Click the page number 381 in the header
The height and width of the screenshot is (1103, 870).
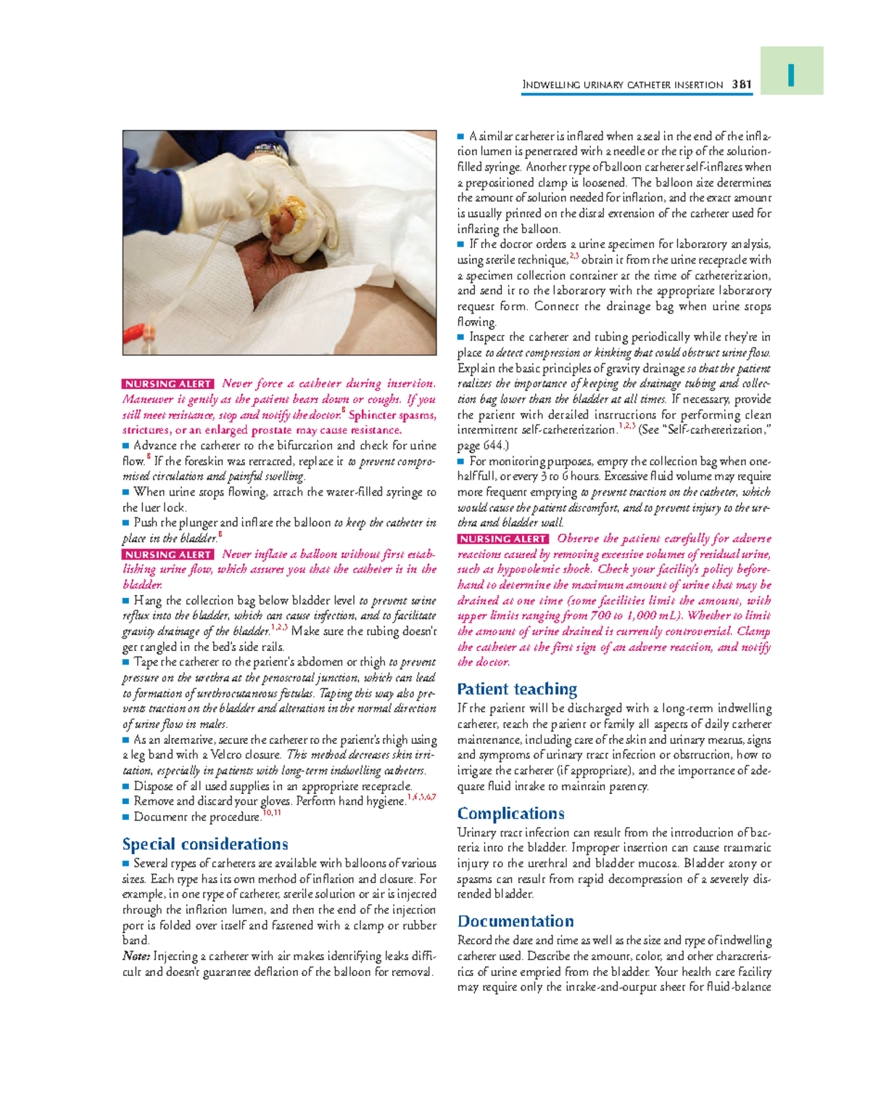741,84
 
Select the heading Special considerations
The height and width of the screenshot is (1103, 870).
205,844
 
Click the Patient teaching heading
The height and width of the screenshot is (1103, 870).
517,689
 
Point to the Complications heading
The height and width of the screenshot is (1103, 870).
510,813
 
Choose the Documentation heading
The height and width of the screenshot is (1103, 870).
515,921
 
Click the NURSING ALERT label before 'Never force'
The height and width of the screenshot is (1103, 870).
168,384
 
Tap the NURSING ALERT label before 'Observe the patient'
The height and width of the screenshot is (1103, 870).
503,539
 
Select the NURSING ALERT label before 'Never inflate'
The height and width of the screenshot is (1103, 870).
168,554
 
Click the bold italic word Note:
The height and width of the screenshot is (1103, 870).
136,956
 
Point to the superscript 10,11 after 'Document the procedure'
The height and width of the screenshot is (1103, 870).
272,813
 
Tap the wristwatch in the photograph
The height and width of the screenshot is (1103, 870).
271,150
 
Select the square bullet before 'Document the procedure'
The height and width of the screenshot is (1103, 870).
126,817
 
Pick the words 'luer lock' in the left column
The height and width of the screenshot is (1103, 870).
163,508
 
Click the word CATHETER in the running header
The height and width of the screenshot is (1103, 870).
649,85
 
